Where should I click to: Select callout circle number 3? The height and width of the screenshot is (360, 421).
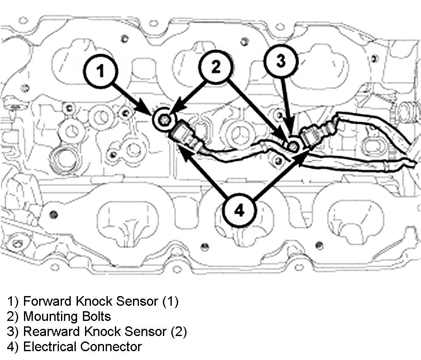coord(281,60)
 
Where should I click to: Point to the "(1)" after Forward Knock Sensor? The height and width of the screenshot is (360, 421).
coord(171,301)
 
